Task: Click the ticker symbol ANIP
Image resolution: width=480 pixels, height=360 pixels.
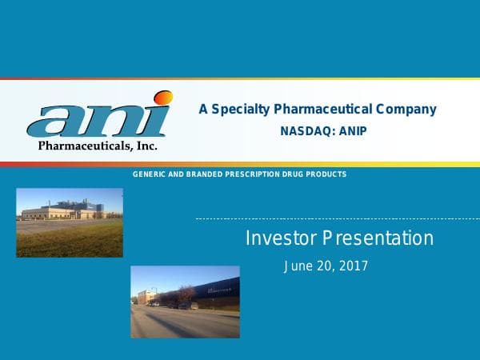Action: tap(350, 131)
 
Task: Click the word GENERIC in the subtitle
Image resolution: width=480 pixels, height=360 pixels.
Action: tap(149, 174)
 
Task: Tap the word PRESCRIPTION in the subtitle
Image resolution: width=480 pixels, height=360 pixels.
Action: tap(258, 174)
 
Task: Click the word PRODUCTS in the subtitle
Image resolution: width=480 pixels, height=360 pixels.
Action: tap(330, 174)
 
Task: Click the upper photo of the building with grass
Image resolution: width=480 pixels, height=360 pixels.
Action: tap(70, 222)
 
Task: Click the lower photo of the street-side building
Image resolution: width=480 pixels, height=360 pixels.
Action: tap(185, 302)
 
